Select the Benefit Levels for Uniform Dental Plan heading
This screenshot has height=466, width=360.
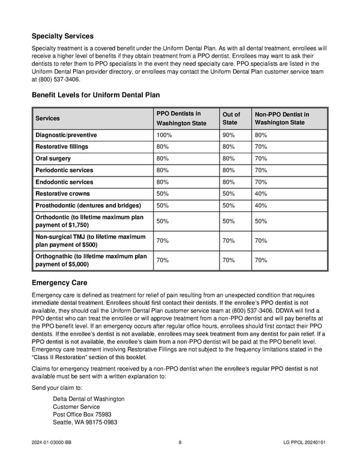(95, 95)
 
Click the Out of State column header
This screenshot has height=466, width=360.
(231, 118)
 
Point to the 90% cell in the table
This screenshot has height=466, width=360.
(230, 135)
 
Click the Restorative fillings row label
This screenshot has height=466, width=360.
(62, 147)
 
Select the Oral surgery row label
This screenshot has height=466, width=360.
(53, 159)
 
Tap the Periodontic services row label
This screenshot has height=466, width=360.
(64, 171)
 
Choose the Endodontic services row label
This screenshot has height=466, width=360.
(64, 182)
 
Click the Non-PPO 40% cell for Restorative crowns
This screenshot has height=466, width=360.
(261, 194)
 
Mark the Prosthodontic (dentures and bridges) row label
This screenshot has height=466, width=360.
(88, 205)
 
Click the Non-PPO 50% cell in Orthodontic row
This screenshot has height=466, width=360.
(261, 222)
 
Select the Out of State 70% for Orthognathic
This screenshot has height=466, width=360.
(230, 261)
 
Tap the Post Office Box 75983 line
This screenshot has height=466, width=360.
(82, 414)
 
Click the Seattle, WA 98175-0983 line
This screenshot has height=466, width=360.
(85, 422)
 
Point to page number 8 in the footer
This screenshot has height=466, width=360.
(180, 443)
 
